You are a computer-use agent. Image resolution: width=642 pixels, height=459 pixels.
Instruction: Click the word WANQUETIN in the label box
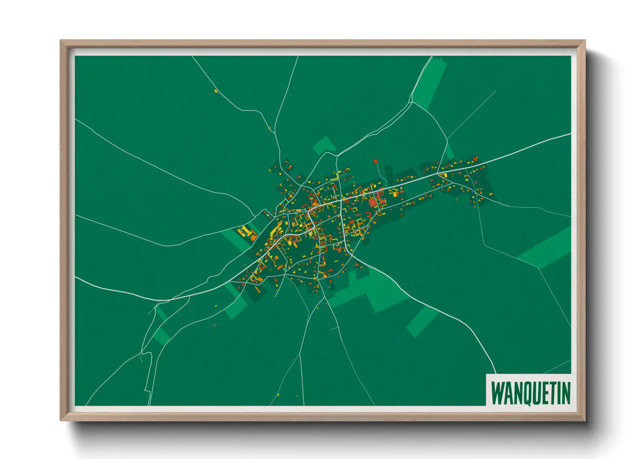point(531,393)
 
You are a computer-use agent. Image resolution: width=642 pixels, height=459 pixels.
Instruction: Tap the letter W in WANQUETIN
point(497,393)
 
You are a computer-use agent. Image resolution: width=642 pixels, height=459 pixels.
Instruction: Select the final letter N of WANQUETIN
point(565,393)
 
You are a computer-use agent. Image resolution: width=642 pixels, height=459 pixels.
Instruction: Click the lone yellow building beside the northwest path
point(216,91)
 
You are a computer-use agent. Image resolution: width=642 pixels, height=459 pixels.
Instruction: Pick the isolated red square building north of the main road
point(376,161)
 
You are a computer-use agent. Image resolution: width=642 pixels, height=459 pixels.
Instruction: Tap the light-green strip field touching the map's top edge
point(429,82)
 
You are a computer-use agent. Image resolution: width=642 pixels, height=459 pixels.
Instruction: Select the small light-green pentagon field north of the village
point(324,145)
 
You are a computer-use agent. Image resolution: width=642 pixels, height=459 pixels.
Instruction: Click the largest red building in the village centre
point(373,202)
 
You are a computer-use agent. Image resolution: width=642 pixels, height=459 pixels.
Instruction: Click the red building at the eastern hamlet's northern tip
point(475,158)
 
